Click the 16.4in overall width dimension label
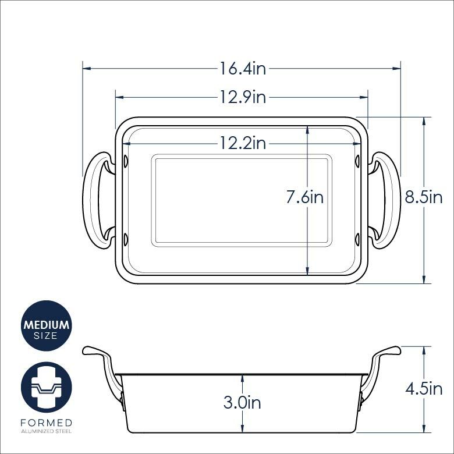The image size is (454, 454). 243,69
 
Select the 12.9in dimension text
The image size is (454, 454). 243,97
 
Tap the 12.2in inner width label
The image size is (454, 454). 243,143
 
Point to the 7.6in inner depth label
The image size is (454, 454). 304,197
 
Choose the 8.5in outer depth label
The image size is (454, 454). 423,197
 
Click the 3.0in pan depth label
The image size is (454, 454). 242,402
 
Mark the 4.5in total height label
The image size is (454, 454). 424,389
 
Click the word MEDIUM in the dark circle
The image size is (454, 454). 47,325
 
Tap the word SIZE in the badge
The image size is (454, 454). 45,336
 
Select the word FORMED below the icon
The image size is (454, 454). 47,423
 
